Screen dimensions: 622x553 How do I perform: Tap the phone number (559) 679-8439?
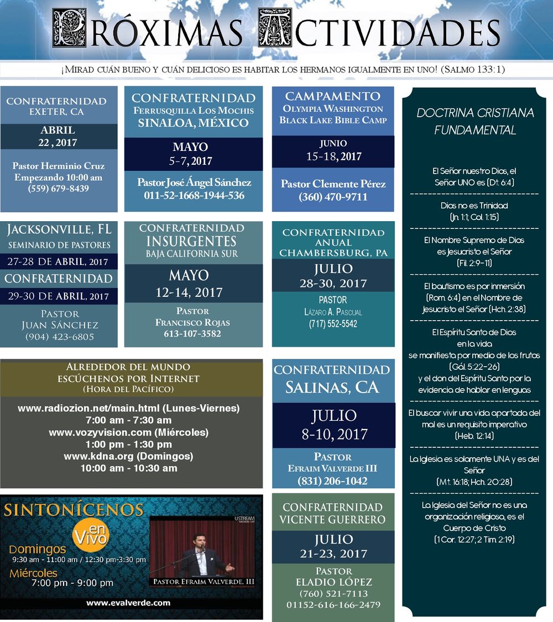[x=58, y=189]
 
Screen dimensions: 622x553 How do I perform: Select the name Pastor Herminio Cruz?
[x=59, y=166]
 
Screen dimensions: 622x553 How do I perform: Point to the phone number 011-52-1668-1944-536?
[x=194, y=195]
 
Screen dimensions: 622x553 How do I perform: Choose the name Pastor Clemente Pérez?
[x=333, y=184]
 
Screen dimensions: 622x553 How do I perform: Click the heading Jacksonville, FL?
[x=59, y=228]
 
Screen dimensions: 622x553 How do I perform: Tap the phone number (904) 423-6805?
[x=59, y=336]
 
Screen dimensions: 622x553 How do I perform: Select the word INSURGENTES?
[x=191, y=241]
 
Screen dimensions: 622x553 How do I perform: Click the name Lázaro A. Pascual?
[x=333, y=312]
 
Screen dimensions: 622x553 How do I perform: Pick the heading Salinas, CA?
[x=332, y=387]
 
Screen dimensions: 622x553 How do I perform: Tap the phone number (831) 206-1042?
[x=332, y=481]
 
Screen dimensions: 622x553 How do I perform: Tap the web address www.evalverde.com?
[x=128, y=603]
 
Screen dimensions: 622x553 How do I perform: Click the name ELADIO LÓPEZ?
[x=333, y=582]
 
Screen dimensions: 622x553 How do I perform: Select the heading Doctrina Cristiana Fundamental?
[x=475, y=122]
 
